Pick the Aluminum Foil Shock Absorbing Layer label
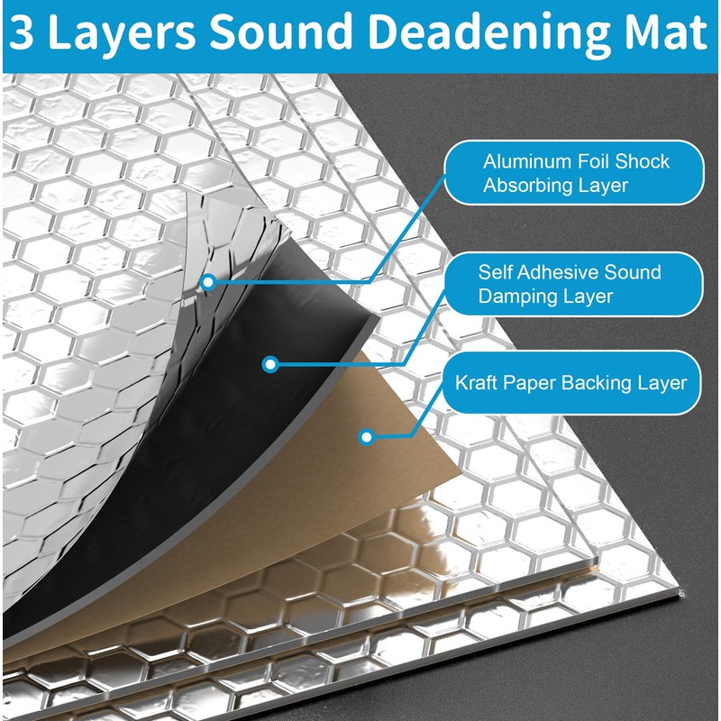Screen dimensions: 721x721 [576, 174]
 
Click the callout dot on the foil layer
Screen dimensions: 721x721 [208, 281]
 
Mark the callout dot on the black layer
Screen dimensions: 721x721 [269, 364]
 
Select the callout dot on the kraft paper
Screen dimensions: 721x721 [366, 437]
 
